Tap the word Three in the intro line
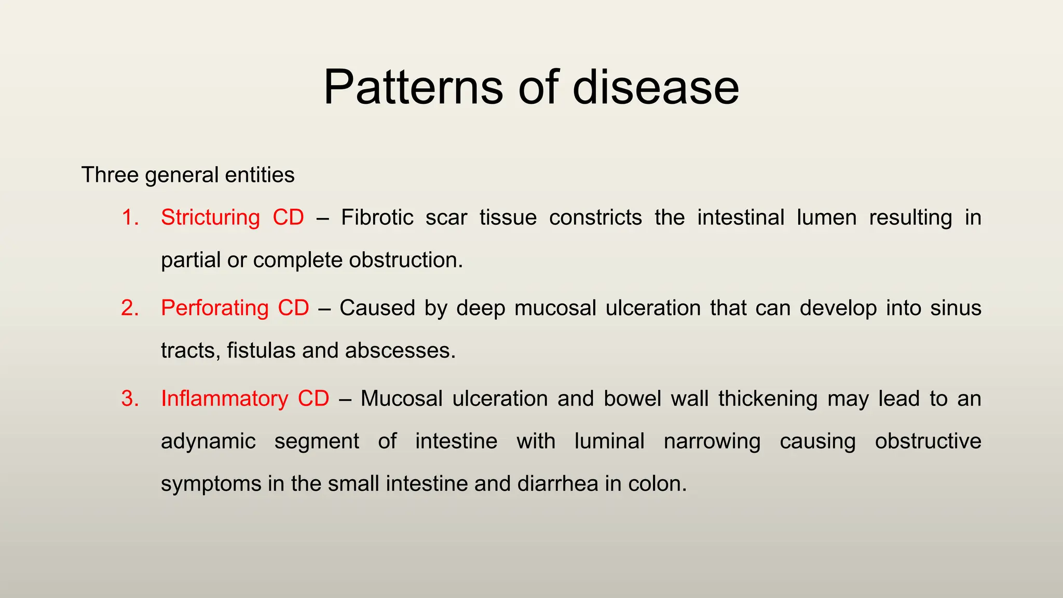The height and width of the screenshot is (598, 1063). (110, 175)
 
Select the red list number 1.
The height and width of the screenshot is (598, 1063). (130, 218)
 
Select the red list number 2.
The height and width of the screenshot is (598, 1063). (130, 308)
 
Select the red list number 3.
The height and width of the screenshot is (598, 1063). (130, 399)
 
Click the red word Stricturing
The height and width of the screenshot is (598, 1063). (210, 218)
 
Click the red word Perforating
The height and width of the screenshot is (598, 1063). (214, 308)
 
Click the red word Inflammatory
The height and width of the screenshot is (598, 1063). (224, 399)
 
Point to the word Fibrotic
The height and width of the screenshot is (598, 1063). (377, 218)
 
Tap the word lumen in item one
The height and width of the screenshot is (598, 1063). (826, 218)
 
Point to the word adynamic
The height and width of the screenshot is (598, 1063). (208, 442)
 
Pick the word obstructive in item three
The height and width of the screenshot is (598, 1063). (928, 442)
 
